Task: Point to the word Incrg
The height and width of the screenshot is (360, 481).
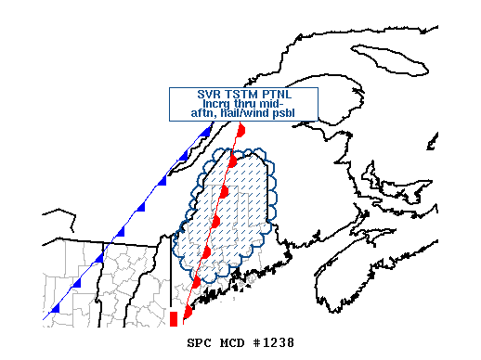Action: click(220, 105)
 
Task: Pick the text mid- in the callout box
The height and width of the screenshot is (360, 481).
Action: click(284, 105)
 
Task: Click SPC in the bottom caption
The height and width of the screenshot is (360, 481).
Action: click(201, 343)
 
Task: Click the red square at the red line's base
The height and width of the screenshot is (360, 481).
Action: click(174, 319)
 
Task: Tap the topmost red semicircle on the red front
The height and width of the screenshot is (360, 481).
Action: click(240, 132)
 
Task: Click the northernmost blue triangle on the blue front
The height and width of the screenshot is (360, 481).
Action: click(205, 133)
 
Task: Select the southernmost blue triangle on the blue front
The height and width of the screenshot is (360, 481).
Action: click(56, 307)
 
